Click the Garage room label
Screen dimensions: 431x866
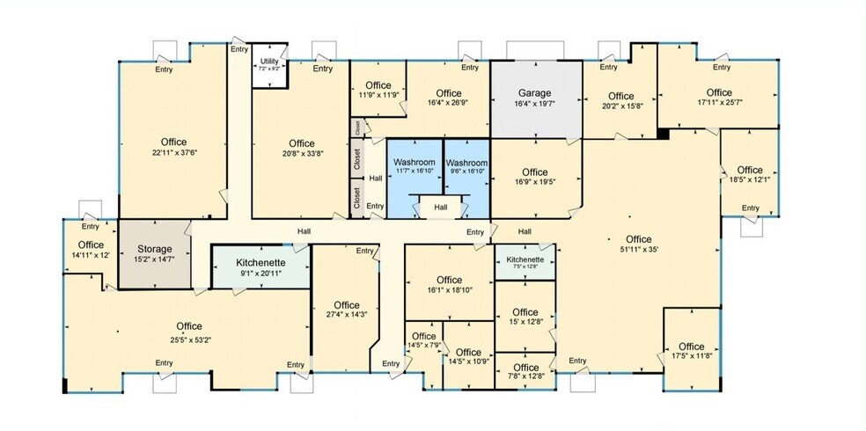click(x=534, y=92)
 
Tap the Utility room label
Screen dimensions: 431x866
click(x=269, y=62)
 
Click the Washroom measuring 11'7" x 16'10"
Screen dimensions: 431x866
click(x=415, y=163)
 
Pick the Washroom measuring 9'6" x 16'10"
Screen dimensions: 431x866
click(x=466, y=163)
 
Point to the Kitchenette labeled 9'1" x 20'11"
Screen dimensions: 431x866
click(x=260, y=262)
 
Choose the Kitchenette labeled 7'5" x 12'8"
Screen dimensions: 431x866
click(x=525, y=260)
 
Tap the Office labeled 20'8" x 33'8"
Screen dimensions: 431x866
click(x=301, y=143)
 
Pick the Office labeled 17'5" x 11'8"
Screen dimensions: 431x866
click(x=692, y=346)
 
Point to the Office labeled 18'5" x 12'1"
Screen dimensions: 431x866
click(x=750, y=170)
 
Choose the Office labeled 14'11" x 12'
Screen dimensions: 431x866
click(x=91, y=245)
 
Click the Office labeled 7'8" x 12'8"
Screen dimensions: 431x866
click(x=525, y=368)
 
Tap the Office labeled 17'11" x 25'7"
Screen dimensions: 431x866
click(x=719, y=92)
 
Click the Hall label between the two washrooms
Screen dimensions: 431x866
click(x=440, y=208)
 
